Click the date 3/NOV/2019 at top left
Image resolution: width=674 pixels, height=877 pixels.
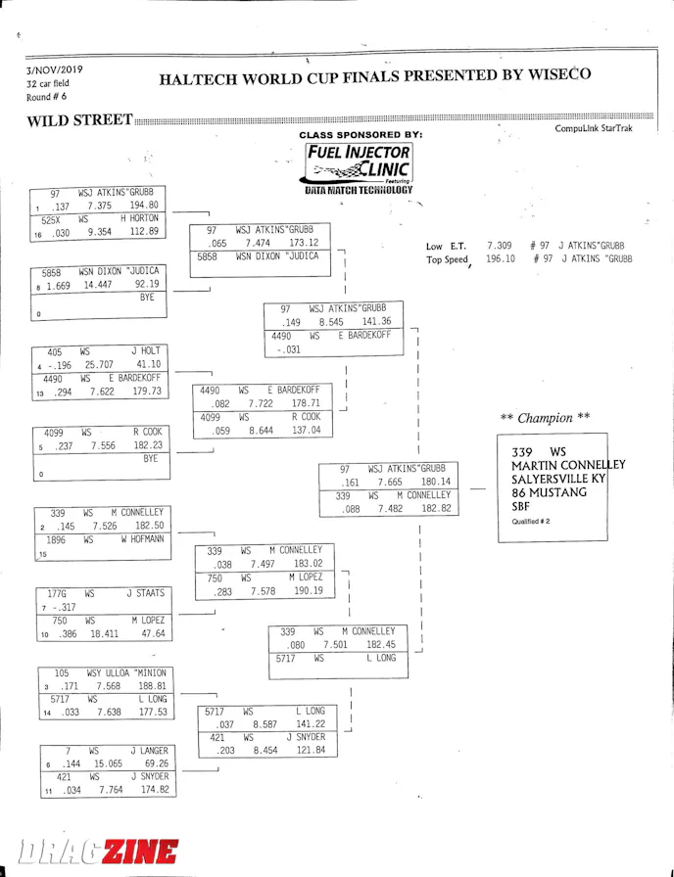click(x=55, y=69)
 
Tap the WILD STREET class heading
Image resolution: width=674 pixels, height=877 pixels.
click(x=79, y=120)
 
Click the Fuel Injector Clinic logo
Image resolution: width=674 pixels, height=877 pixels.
click(x=359, y=165)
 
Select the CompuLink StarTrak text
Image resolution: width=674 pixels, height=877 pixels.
click(x=594, y=128)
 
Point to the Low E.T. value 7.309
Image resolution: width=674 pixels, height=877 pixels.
click(x=499, y=245)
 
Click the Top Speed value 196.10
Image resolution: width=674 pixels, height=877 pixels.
click(x=501, y=259)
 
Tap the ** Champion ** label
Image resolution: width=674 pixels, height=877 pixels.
click(x=545, y=418)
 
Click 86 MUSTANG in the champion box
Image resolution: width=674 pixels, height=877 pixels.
click(x=549, y=492)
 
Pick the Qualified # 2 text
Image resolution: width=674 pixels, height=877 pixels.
click(x=531, y=522)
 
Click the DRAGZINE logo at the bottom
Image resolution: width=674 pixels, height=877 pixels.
click(x=97, y=851)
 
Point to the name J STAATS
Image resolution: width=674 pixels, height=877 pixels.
click(x=145, y=593)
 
